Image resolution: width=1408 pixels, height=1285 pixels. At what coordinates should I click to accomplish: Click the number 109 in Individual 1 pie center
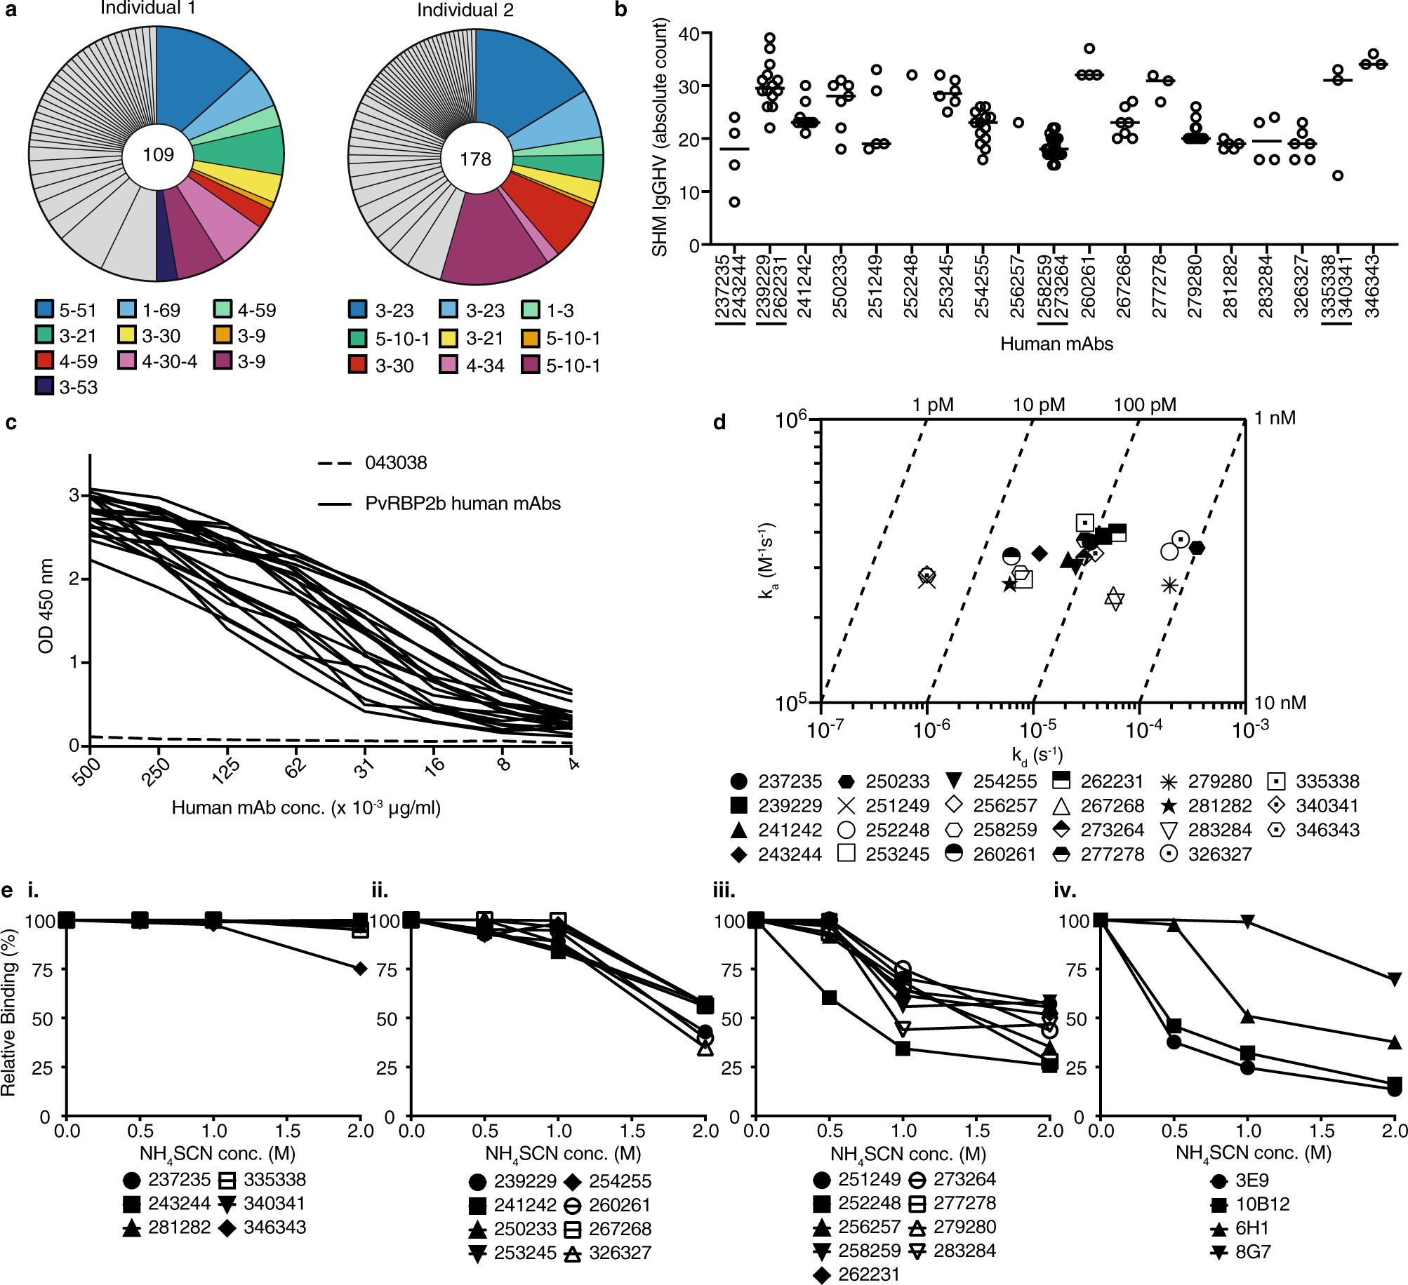coord(158,155)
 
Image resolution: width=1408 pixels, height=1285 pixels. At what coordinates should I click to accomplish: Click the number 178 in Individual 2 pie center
coord(475,160)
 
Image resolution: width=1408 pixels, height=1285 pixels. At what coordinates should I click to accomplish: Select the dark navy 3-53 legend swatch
coord(44,386)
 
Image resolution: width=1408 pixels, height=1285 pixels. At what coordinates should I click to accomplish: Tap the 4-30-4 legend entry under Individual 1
coord(168,361)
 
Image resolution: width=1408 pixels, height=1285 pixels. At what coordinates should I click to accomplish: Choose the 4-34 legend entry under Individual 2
coord(484,365)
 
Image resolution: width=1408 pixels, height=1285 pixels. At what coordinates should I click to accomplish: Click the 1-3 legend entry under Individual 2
coord(559,311)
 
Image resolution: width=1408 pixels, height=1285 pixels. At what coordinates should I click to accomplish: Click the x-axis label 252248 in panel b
coord(911,286)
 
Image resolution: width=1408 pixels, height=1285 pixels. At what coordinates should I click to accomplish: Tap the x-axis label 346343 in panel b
coord(1373,286)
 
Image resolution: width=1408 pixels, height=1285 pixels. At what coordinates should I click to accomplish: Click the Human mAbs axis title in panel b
coord(1056,344)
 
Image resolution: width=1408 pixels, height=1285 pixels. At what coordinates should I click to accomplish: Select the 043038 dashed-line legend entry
coord(395,463)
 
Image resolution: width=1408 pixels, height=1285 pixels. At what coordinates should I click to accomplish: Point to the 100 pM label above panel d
coord(1144,405)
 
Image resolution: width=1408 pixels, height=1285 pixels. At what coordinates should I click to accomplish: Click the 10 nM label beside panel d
coord(1280,703)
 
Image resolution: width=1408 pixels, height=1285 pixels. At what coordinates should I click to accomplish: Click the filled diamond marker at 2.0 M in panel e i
coord(360,969)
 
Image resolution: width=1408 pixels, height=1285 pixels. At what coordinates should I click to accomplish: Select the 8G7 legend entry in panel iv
coord(1252,1252)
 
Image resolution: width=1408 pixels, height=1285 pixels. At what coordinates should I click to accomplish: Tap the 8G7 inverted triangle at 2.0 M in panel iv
coord(1395,979)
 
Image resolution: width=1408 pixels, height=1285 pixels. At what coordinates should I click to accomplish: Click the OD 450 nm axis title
coord(46,606)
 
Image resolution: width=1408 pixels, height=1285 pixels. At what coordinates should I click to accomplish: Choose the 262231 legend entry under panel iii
coord(868,1274)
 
